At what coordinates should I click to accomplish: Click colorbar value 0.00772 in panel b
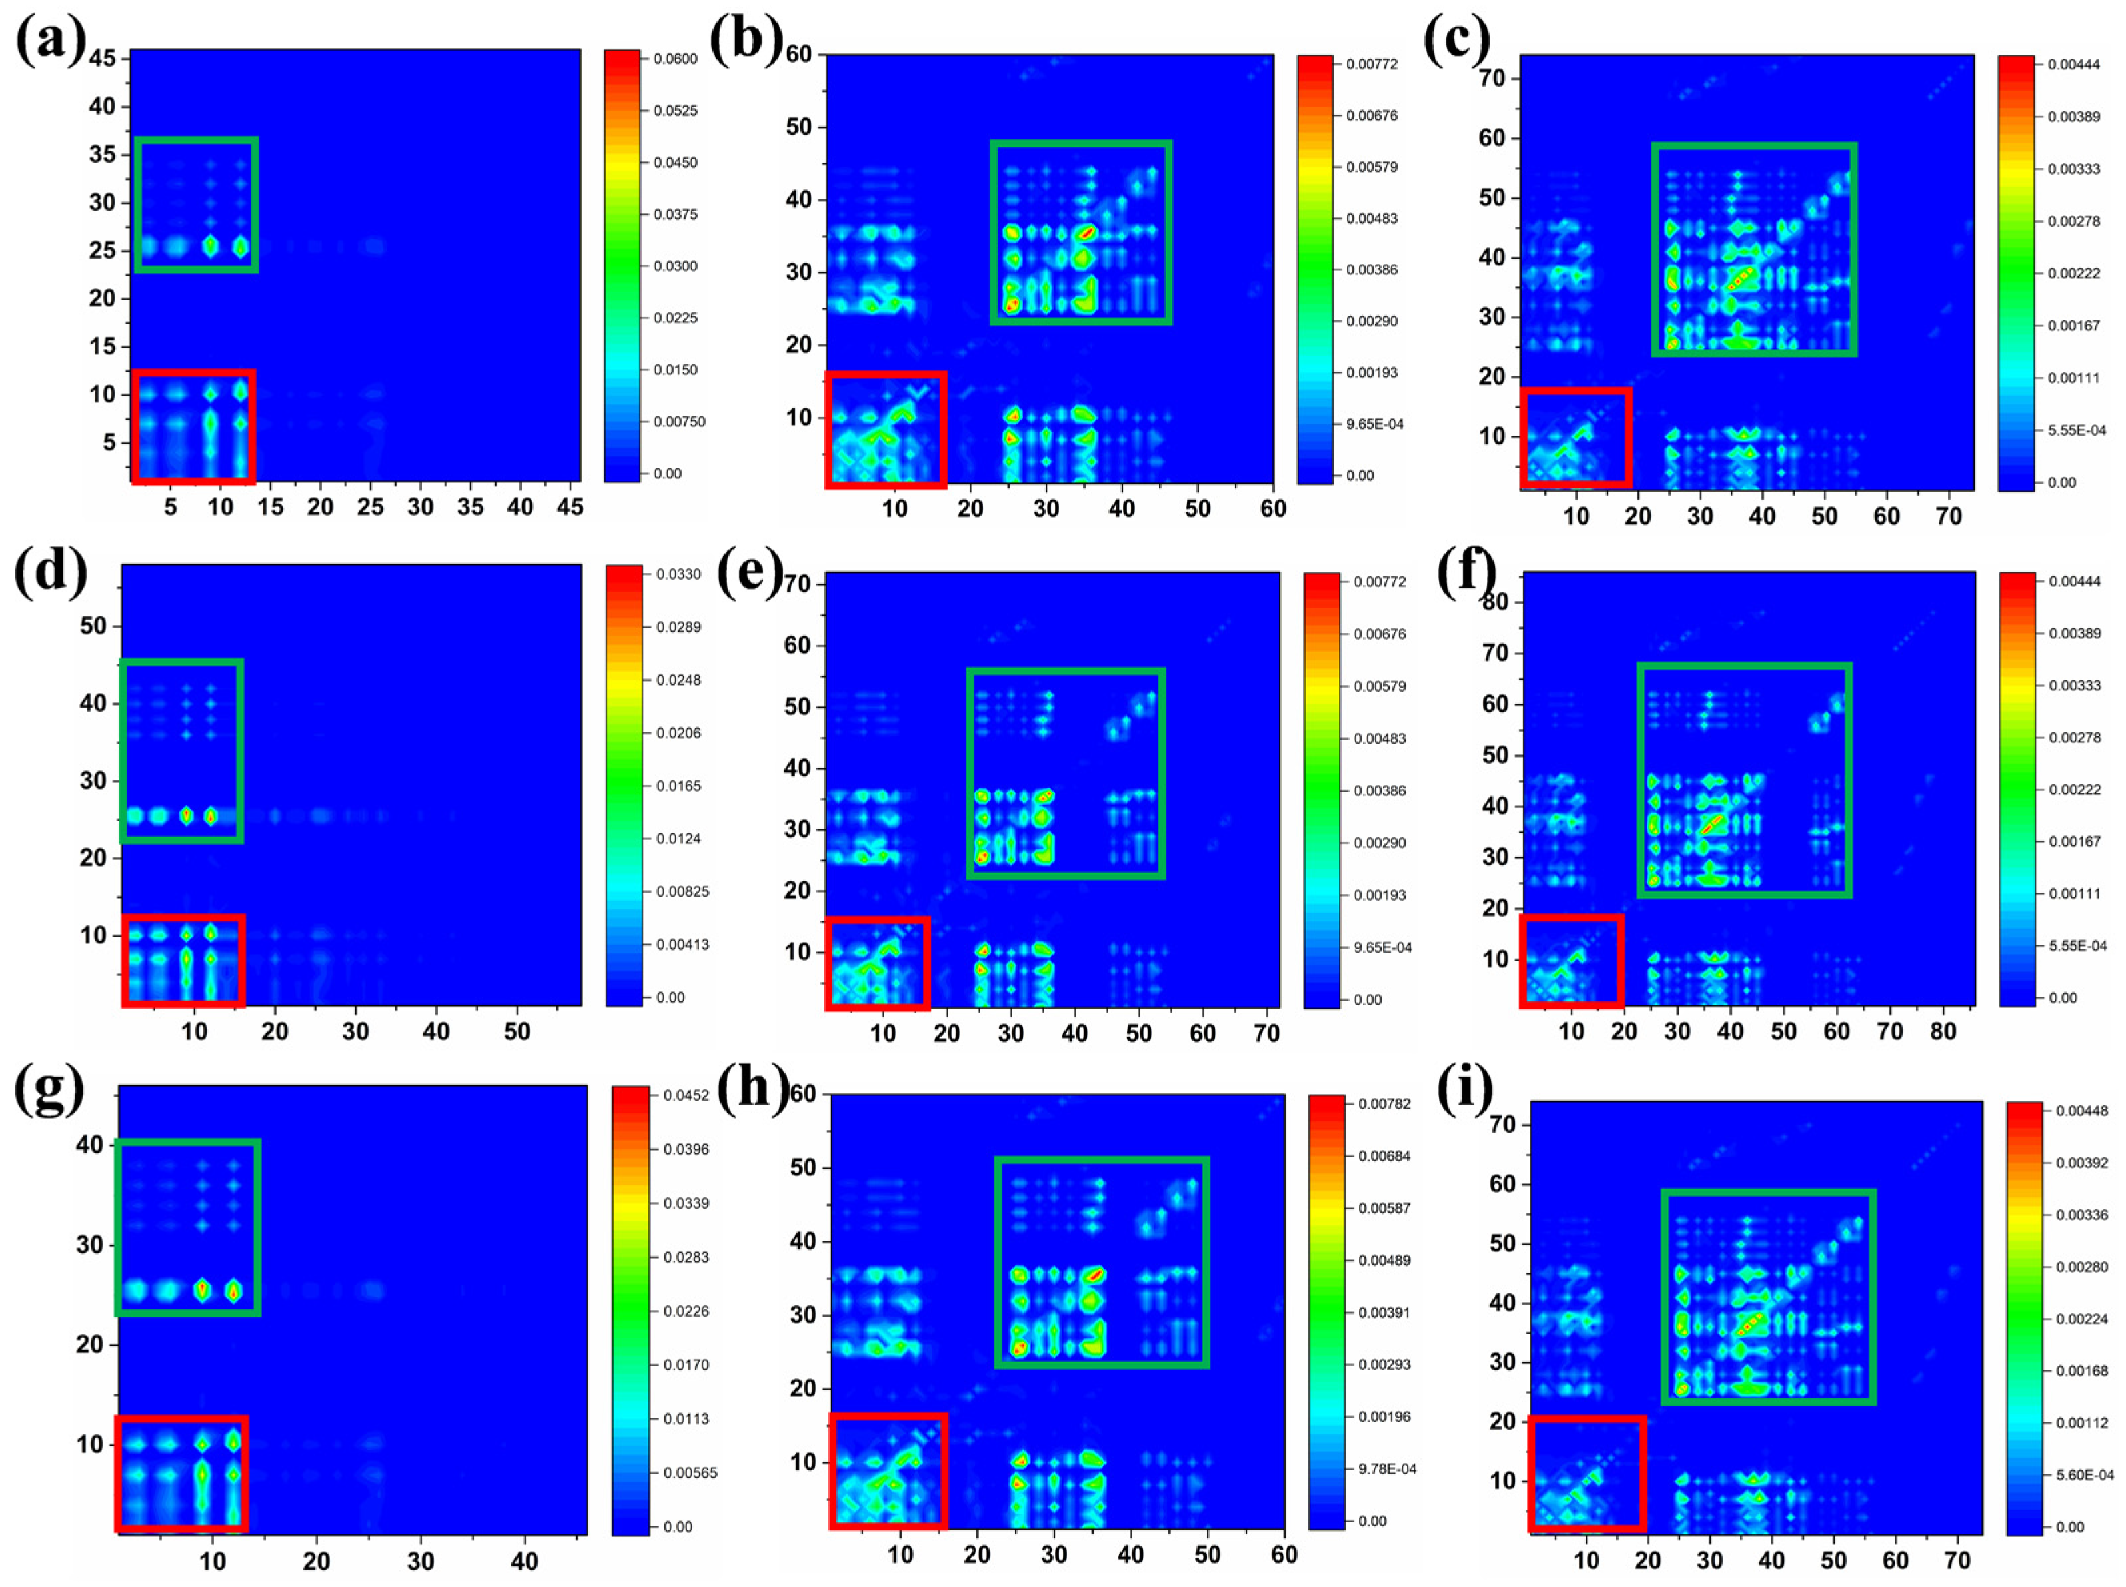click(x=1371, y=65)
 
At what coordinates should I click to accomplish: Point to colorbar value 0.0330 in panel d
click(x=678, y=574)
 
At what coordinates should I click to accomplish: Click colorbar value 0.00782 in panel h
click(x=1384, y=1104)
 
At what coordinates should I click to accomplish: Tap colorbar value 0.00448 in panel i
click(x=2081, y=1111)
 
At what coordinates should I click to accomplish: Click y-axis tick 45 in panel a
click(x=102, y=59)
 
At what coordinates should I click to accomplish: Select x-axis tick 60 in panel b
click(x=1273, y=508)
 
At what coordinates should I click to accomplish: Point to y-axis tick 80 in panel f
click(x=1495, y=602)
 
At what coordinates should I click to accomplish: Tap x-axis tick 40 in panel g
click(x=524, y=1561)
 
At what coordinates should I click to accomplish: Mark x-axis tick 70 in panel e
click(x=1266, y=1033)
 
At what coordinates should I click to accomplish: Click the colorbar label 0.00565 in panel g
click(x=690, y=1472)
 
